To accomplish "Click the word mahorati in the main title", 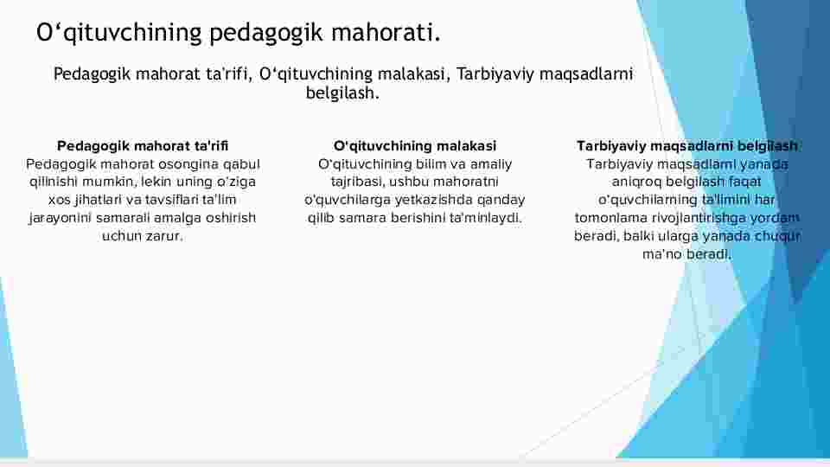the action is pyautogui.click(x=386, y=32).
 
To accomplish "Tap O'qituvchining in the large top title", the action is pyautogui.click(x=119, y=33).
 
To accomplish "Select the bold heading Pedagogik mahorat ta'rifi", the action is pyautogui.click(x=143, y=145).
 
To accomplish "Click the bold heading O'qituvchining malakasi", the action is pyautogui.click(x=415, y=145).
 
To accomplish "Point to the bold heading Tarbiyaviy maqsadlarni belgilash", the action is pyautogui.click(x=687, y=145).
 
